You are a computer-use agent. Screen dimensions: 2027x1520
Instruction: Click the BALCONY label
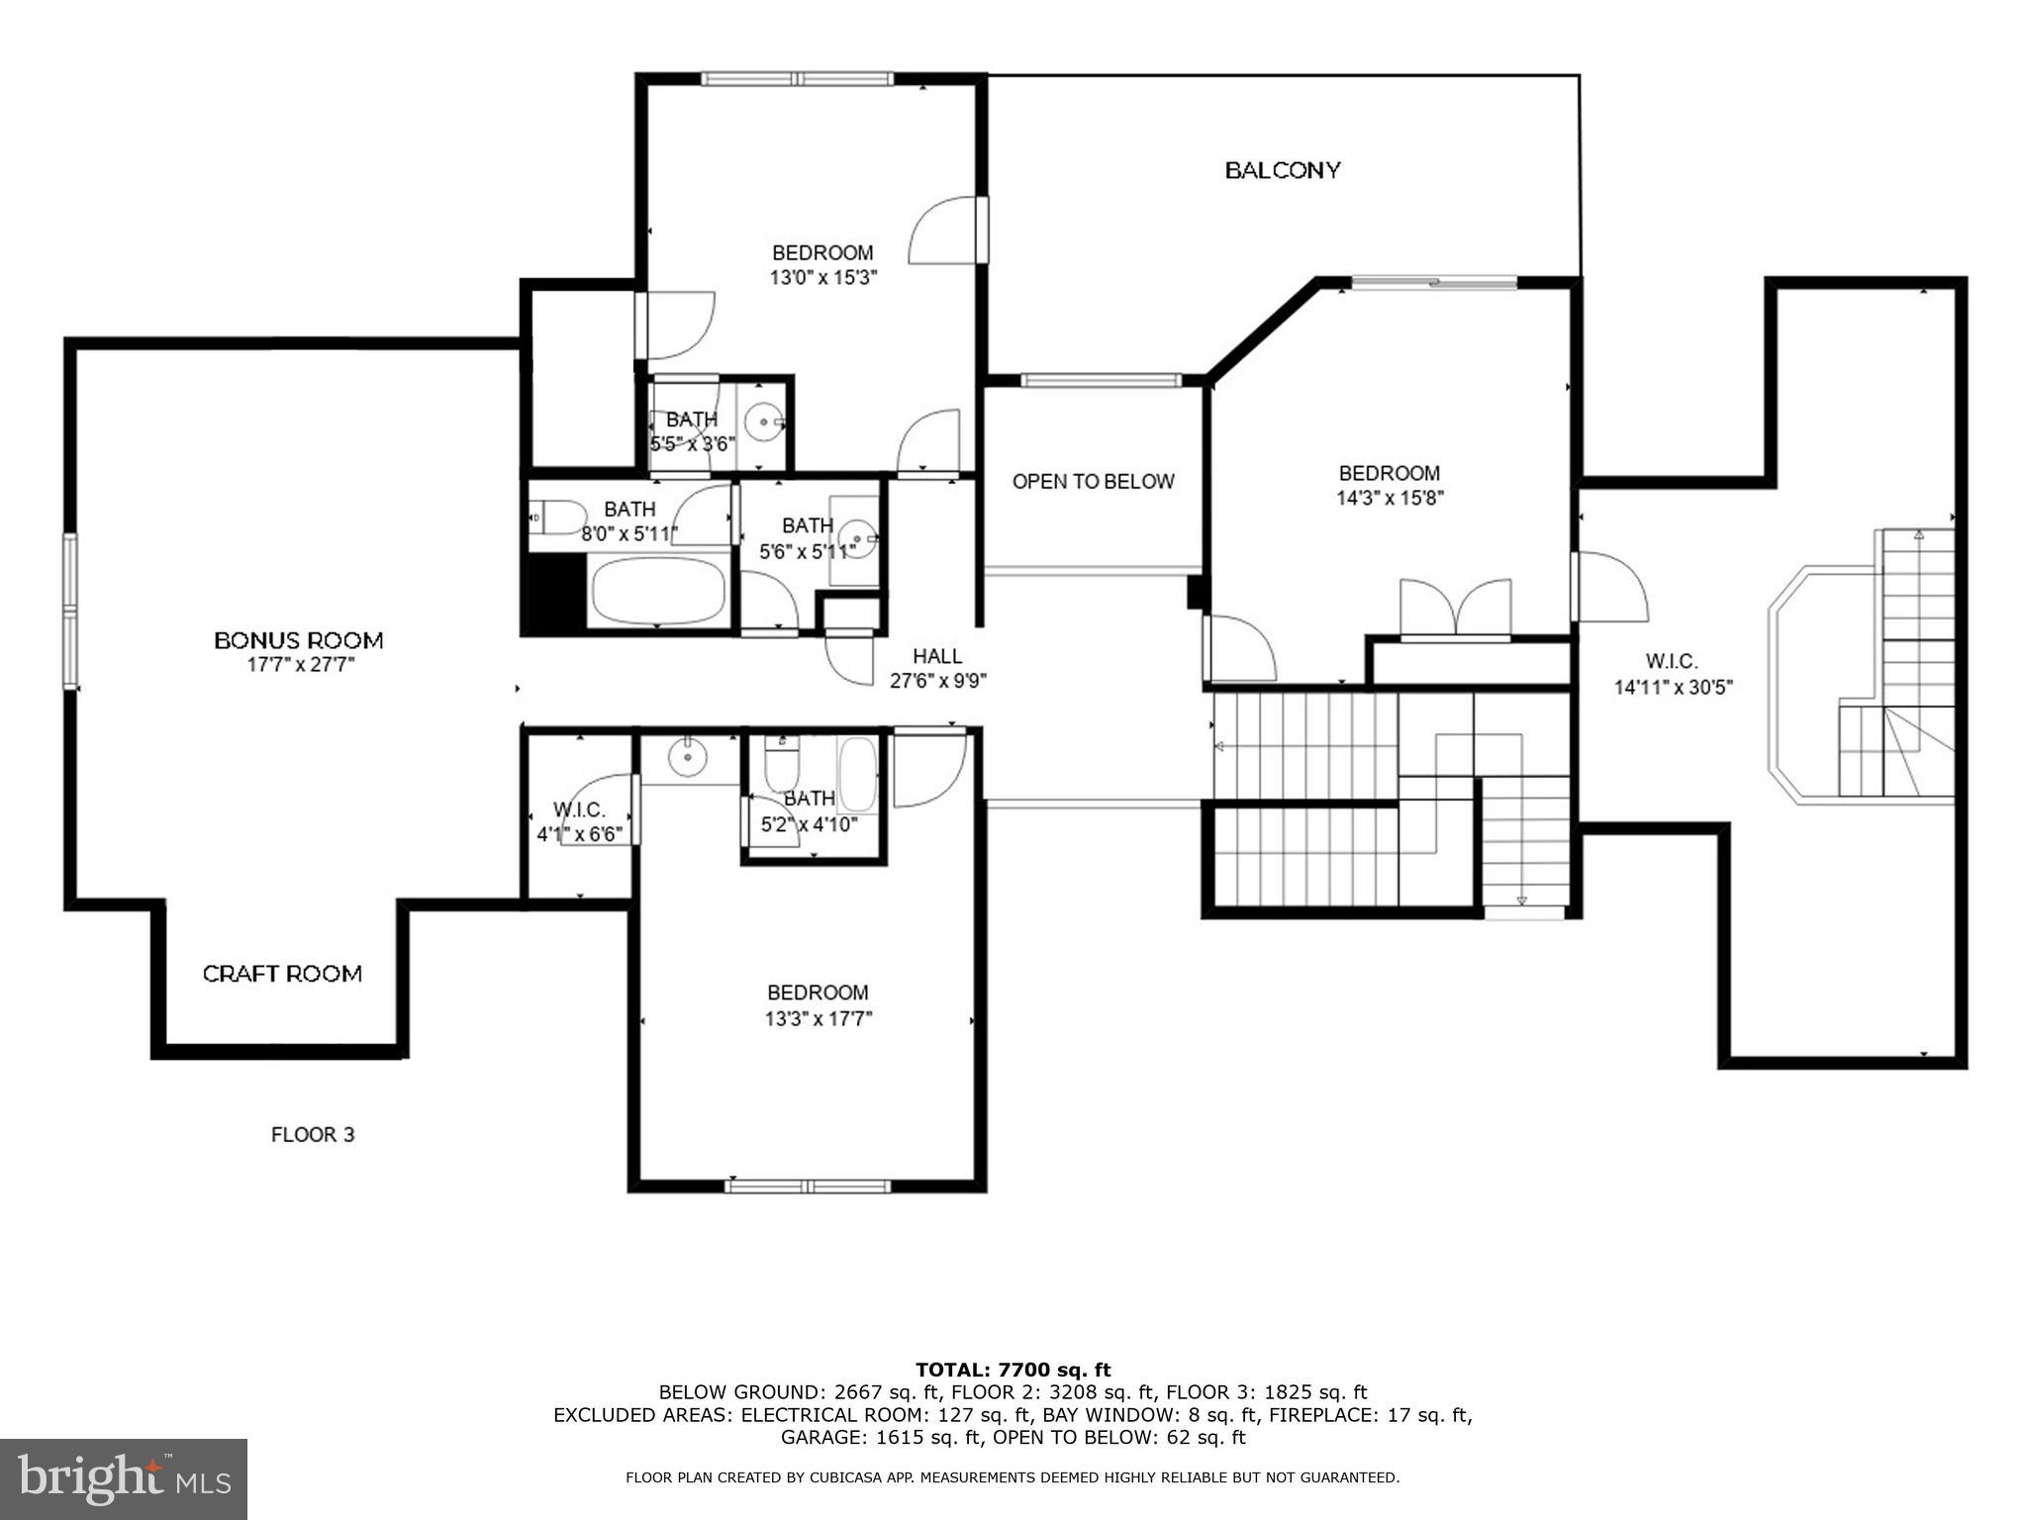tap(1283, 170)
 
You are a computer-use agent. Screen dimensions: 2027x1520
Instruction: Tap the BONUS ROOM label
tap(299, 640)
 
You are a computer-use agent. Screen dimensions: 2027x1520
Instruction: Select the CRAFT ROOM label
tap(282, 974)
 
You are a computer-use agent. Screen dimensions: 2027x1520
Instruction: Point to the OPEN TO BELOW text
tap(1093, 482)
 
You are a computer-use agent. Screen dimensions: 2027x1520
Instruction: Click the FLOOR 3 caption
tap(313, 1134)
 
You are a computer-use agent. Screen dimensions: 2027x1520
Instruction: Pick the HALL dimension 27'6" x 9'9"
tap(938, 681)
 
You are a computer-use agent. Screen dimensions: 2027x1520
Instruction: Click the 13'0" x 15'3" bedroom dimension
tap(823, 278)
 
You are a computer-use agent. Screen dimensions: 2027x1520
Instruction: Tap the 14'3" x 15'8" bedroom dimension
tap(1390, 499)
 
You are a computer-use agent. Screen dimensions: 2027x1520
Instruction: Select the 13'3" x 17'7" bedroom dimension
tap(818, 1018)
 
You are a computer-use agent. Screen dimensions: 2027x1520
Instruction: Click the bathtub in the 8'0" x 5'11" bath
tap(658, 591)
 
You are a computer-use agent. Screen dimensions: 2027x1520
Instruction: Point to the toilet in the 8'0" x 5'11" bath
tap(557, 517)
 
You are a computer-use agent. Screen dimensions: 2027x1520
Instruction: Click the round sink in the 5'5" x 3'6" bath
tap(764, 424)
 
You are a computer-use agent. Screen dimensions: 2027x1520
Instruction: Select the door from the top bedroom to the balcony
tap(948, 230)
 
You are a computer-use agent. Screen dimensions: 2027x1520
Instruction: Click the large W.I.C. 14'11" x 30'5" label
tap(1674, 674)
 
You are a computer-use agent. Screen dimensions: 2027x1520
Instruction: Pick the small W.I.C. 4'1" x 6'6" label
tap(579, 822)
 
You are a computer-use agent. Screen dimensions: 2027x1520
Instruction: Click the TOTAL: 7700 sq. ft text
tap(1013, 1370)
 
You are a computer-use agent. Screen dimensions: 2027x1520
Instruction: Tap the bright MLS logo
tap(124, 1478)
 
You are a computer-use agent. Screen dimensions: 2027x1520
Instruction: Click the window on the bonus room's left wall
tap(70, 611)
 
